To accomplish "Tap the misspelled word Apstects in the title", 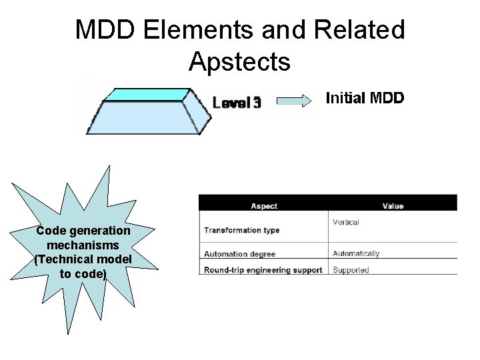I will (239, 61).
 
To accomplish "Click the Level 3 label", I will (237, 103).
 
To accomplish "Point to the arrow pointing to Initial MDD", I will (294, 101).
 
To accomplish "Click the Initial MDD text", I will (364, 99).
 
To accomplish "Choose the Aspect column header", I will (264, 207).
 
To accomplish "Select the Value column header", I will (393, 207).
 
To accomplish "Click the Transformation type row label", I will (241, 231).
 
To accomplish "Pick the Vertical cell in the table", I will (345, 222).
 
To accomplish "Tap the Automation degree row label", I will (240, 254).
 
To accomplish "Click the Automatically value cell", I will (356, 253).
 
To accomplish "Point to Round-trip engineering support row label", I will (263, 270).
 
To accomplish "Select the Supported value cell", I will (351, 270).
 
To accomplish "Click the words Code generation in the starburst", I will (83, 231).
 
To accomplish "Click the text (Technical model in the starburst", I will (83, 259).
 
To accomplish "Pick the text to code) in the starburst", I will (83, 273).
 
